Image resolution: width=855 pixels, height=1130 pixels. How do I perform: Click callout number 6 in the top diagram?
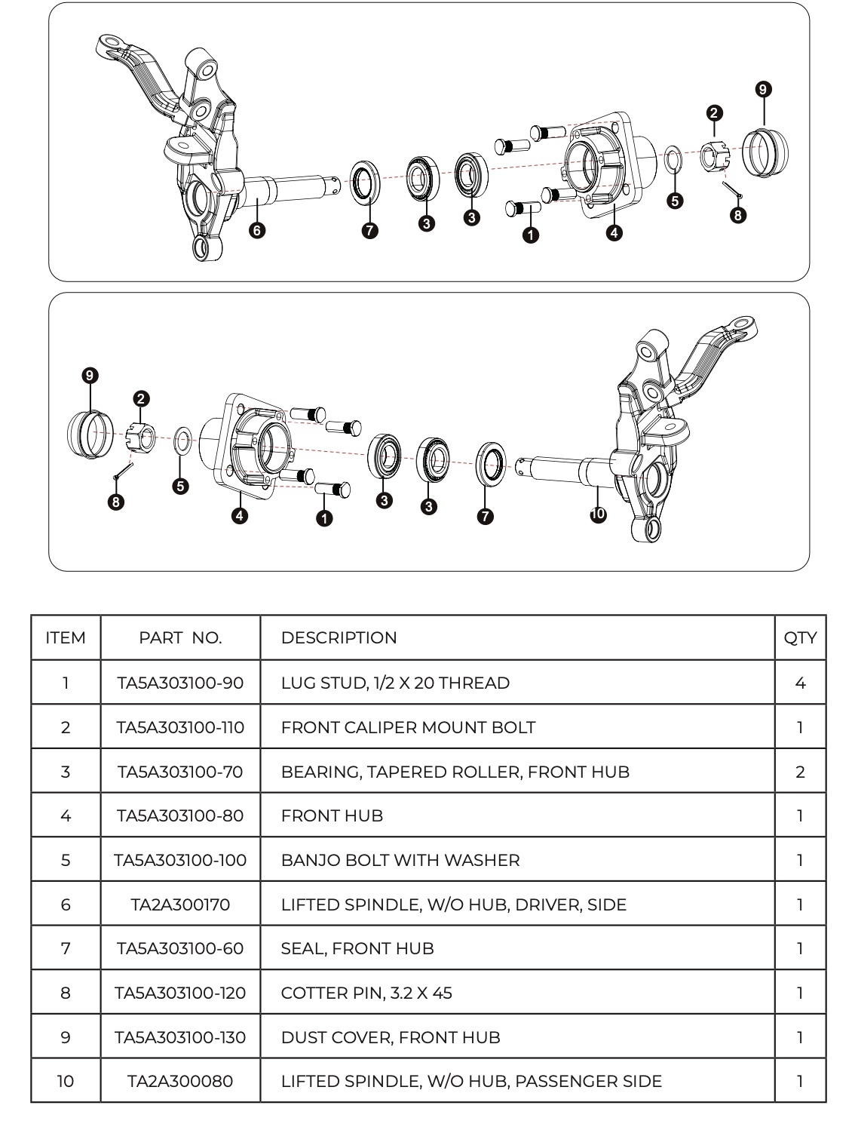[257, 230]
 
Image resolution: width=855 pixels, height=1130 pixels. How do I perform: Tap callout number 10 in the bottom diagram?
[598, 514]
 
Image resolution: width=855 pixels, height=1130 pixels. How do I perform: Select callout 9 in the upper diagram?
[764, 90]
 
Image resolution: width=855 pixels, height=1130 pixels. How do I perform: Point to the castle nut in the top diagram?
[712, 157]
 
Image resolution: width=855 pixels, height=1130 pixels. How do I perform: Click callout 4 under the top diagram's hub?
[614, 232]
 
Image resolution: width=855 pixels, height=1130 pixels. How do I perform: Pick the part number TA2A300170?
[180, 904]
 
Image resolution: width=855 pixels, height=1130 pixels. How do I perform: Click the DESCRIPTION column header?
[339, 637]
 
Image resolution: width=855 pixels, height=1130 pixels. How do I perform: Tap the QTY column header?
[800, 637]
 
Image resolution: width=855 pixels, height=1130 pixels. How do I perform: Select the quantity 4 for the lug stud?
[800, 683]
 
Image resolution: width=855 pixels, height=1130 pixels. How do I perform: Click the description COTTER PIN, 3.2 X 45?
[366, 993]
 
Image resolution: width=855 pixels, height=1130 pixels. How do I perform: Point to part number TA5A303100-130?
[180, 1037]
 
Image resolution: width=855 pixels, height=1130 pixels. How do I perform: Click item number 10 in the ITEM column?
[66, 1081]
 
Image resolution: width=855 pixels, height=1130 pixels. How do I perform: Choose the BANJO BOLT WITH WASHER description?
[400, 860]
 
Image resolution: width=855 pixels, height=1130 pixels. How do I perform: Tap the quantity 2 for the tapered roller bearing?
[800, 772]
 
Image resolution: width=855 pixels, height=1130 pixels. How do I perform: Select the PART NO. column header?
[180, 637]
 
